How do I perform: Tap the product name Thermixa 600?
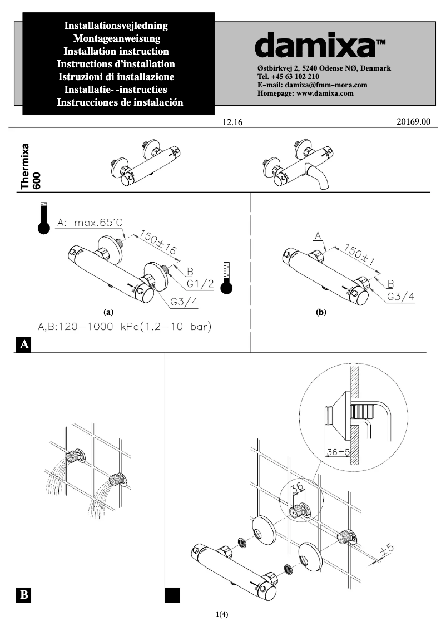31,166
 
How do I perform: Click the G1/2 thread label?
201,284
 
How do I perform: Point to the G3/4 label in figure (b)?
400,296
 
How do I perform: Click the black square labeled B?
23,595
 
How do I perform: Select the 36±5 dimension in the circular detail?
336,452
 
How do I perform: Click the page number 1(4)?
222,614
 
